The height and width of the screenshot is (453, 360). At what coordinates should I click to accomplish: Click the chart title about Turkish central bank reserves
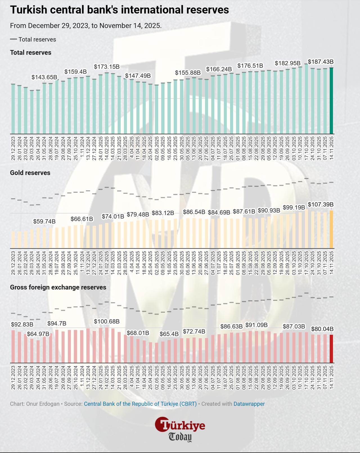(x=119, y=10)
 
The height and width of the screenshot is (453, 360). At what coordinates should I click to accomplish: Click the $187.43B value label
(x=321, y=62)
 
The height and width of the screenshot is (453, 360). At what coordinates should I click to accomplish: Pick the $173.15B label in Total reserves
(x=107, y=67)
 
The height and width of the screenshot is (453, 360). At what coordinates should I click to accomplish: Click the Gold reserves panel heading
(x=30, y=173)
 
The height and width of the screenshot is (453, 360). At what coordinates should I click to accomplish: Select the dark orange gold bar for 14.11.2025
(x=331, y=229)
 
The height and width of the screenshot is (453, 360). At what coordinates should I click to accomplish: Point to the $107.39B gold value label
(x=321, y=204)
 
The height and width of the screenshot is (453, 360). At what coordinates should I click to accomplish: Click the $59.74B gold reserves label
(x=44, y=221)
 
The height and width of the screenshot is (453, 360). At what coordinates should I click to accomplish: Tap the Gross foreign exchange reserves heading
(x=58, y=287)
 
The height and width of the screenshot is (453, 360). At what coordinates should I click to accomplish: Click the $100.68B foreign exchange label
(x=107, y=321)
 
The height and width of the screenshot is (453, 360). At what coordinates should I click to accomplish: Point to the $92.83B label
(x=22, y=324)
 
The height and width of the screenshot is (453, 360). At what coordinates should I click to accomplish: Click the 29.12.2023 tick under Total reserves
(x=13, y=148)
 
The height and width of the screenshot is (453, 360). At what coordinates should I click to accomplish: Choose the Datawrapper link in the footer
(x=249, y=404)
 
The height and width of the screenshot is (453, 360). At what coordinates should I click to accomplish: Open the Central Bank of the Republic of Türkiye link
(x=140, y=404)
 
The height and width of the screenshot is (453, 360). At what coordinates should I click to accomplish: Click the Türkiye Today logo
(x=180, y=429)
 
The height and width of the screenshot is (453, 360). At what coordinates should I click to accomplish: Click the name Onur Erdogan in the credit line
(x=43, y=404)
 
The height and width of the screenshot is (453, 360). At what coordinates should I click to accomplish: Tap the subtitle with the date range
(x=86, y=26)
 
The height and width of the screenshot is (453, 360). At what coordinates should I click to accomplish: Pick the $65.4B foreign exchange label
(x=169, y=334)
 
